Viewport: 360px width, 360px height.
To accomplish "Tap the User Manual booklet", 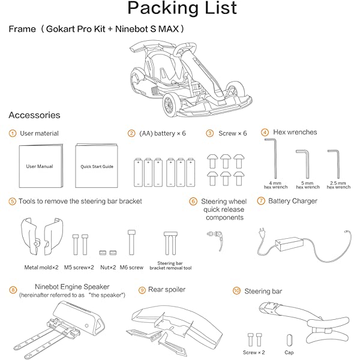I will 40,166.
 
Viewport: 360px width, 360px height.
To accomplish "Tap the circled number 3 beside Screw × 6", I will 210,133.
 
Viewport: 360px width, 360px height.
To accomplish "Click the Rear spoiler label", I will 167,290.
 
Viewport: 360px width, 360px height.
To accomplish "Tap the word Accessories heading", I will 34,115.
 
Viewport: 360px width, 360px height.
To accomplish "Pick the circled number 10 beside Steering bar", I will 236,291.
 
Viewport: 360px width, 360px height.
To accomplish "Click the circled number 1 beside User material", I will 13,133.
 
